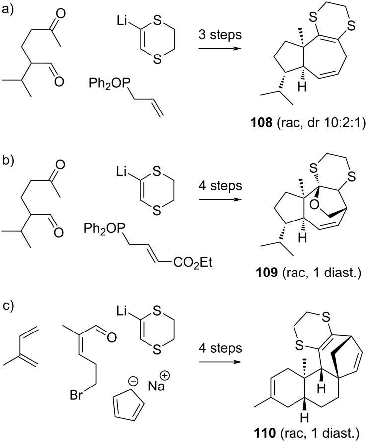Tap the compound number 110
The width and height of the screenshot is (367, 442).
(256, 431)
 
